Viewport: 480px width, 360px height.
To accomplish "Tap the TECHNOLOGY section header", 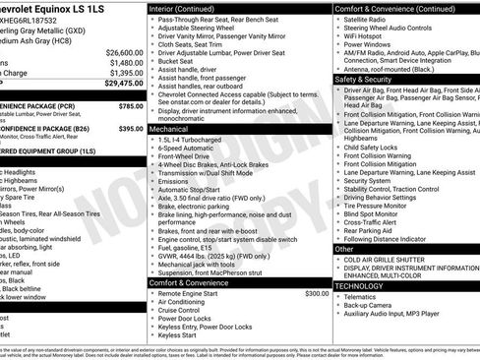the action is pyautogui.click(x=366, y=285).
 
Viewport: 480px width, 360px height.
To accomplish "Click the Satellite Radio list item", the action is pyautogui.click(x=367, y=19).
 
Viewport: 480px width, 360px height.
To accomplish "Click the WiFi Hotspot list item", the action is pyautogui.click(x=366, y=36).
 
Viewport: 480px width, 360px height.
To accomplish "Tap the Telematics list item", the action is pyautogui.click(x=363, y=296).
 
